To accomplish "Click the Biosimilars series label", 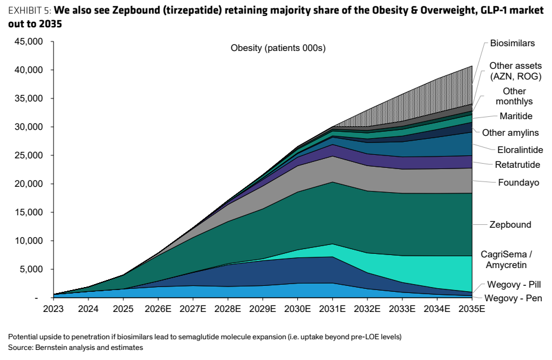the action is [512, 43].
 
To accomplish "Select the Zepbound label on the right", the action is [510, 225].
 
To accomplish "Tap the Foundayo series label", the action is [519, 182].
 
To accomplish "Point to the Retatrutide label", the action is [517, 165].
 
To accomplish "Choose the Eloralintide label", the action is [520, 150].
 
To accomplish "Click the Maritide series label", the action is [516, 116].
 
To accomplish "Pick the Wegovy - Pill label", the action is [513, 284].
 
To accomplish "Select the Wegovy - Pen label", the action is [513, 298].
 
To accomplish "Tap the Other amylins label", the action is [510, 133].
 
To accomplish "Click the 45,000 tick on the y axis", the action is [28, 42].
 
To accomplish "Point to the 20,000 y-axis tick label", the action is [28, 184].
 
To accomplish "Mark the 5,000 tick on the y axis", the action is [31, 269].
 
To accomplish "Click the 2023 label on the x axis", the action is [53, 309].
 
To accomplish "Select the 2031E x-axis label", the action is [332, 309].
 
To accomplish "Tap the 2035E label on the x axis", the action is [471, 309].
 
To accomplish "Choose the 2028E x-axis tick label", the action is [227, 309].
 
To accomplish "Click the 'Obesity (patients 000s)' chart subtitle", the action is [278, 48].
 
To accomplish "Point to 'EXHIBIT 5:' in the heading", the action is [30, 11].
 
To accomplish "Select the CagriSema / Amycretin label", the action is [506, 259].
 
